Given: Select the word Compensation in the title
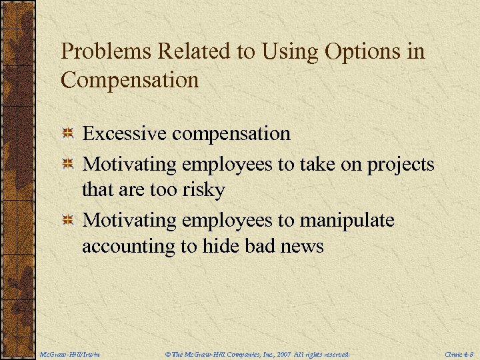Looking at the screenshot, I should (x=129, y=81).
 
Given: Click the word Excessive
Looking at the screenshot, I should (x=125, y=133).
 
